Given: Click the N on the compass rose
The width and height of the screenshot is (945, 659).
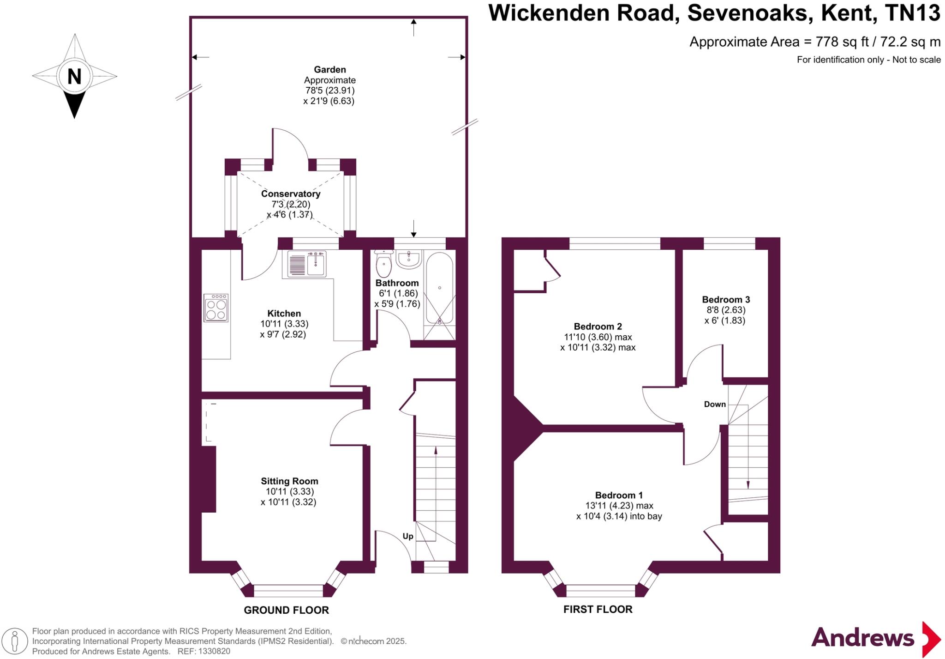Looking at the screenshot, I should pyautogui.click(x=74, y=76).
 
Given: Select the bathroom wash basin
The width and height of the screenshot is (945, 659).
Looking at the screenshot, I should pyautogui.click(x=409, y=260).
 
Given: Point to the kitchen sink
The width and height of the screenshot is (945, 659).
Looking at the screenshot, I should pyautogui.click(x=307, y=264).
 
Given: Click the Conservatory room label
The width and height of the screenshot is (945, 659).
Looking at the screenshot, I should pyautogui.click(x=290, y=194).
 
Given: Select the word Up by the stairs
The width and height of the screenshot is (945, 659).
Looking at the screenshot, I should pyautogui.click(x=408, y=536).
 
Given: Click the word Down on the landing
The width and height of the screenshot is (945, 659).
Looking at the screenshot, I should pyautogui.click(x=715, y=404).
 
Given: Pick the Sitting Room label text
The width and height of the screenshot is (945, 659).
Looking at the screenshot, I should pyautogui.click(x=289, y=481).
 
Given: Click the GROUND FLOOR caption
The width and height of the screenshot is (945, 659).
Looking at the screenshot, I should pyautogui.click(x=286, y=610).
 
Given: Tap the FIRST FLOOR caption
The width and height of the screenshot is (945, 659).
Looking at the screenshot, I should pyautogui.click(x=598, y=609).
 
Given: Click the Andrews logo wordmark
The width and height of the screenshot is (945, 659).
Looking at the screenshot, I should pyautogui.click(x=862, y=638).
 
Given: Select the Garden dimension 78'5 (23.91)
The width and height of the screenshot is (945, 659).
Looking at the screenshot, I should pyautogui.click(x=329, y=91).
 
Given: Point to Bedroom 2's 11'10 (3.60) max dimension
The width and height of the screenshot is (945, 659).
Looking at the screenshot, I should pyautogui.click(x=598, y=337).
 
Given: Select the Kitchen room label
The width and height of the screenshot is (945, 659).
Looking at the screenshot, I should pyautogui.click(x=284, y=313).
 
